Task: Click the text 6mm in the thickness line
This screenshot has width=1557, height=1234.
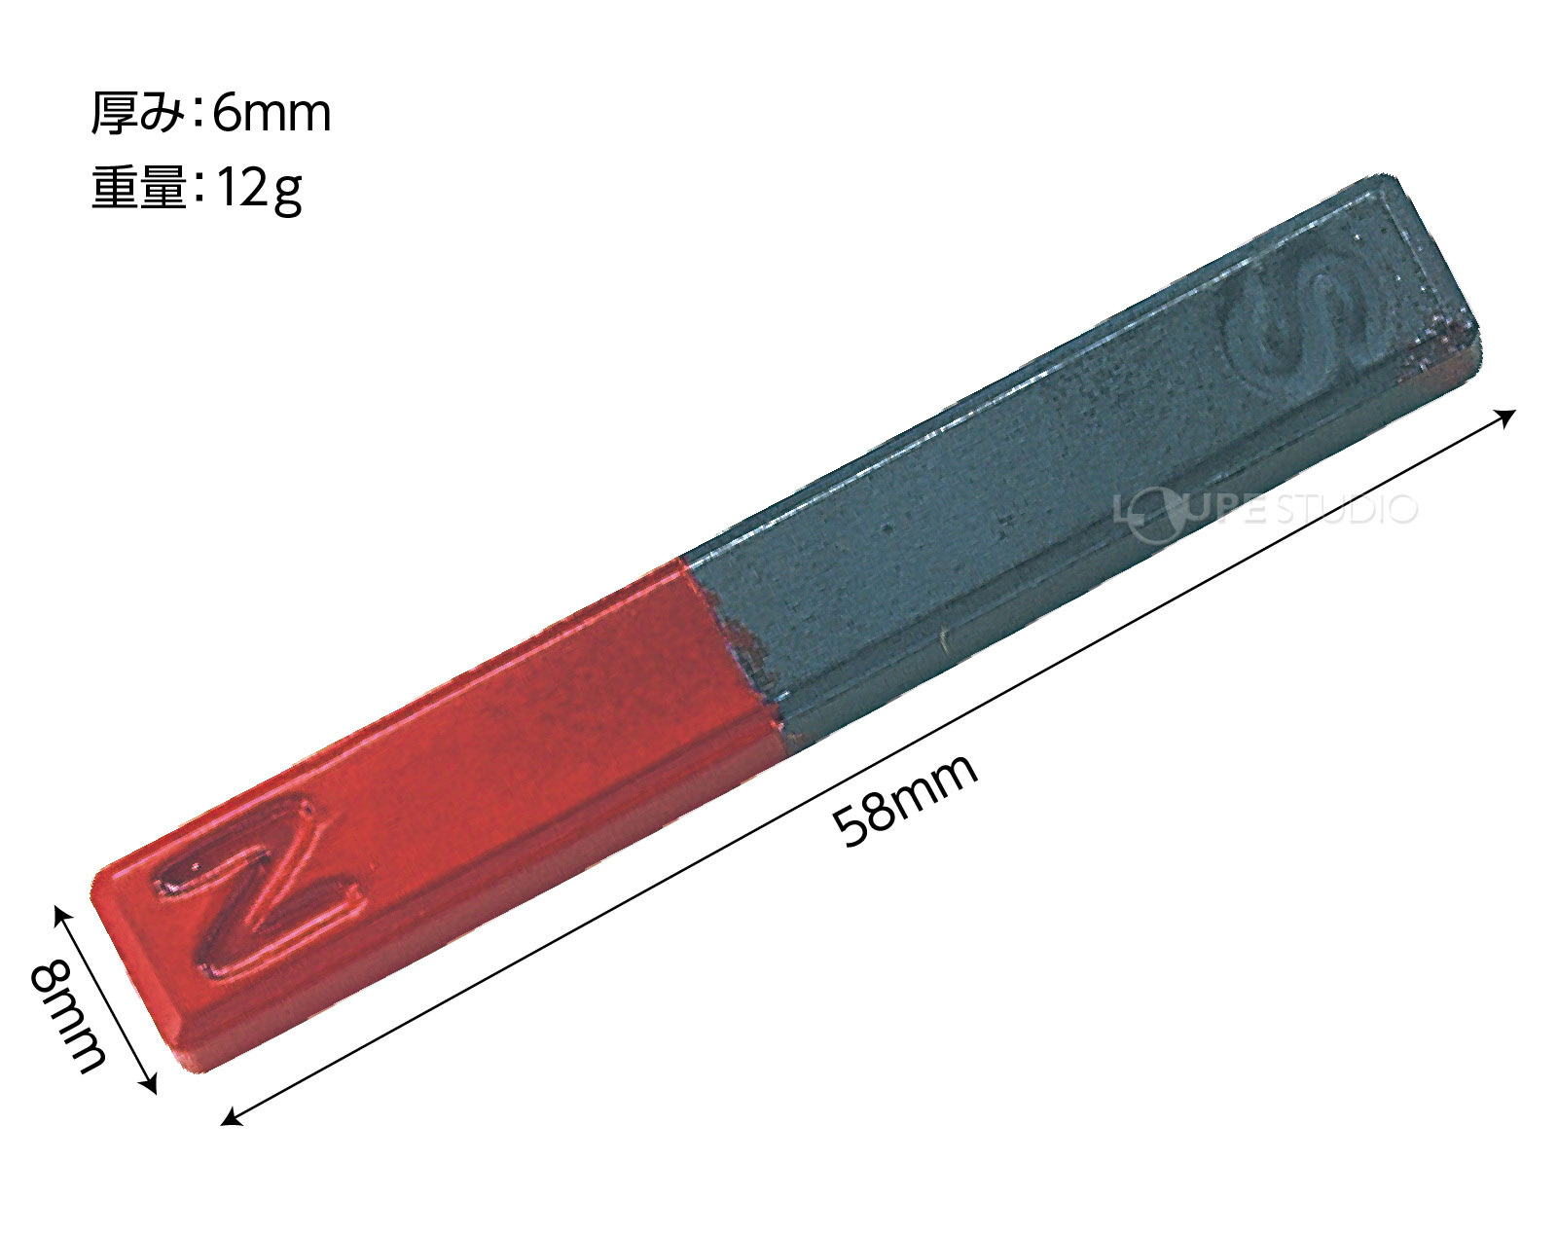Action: point(272,115)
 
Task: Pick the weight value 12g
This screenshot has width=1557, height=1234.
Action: point(258,191)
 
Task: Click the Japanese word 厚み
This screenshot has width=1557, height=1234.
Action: point(137,115)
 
